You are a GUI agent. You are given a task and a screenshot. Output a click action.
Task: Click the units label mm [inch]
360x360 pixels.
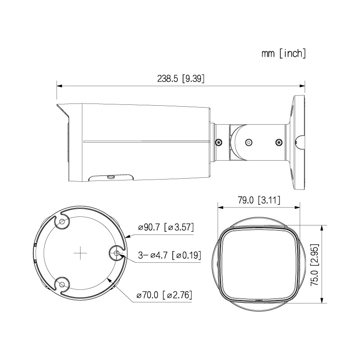[x=284, y=54]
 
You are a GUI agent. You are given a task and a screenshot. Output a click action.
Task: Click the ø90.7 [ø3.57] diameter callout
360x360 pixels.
[x=166, y=228]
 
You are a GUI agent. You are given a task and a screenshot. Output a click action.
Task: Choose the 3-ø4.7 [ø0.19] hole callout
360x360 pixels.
[x=169, y=255]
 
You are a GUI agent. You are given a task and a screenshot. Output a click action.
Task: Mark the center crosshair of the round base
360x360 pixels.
[x=80, y=253]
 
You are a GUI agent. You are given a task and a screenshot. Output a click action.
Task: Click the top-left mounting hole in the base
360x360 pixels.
[x=62, y=222]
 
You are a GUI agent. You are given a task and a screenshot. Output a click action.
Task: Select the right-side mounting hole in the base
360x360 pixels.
[x=117, y=254]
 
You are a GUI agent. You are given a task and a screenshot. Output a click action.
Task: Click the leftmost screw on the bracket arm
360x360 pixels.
[x=219, y=142]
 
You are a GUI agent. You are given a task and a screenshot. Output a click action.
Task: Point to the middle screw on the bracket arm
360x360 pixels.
[x=247, y=142]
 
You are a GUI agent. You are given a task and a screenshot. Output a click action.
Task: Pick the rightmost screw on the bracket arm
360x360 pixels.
[x=278, y=142]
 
